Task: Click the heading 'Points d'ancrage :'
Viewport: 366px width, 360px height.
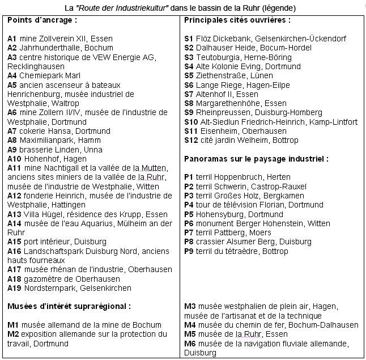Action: click(42, 20)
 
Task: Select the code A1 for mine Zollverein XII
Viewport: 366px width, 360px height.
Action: click(12, 39)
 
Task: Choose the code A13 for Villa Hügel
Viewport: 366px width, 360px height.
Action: click(14, 214)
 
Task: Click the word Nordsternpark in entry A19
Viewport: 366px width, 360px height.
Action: click(50, 288)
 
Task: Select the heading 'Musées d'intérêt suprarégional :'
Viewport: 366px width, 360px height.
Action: click(69, 307)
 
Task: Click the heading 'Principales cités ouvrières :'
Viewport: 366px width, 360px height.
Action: click(237, 20)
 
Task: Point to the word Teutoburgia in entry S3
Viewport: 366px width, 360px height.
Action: click(219, 57)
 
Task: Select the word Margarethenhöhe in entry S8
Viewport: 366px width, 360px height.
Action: click(227, 103)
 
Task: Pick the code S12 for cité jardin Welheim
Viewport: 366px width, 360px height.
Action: click(191, 140)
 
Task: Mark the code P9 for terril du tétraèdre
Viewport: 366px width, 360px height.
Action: click(189, 251)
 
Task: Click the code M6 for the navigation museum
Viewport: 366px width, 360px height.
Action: click(190, 344)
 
